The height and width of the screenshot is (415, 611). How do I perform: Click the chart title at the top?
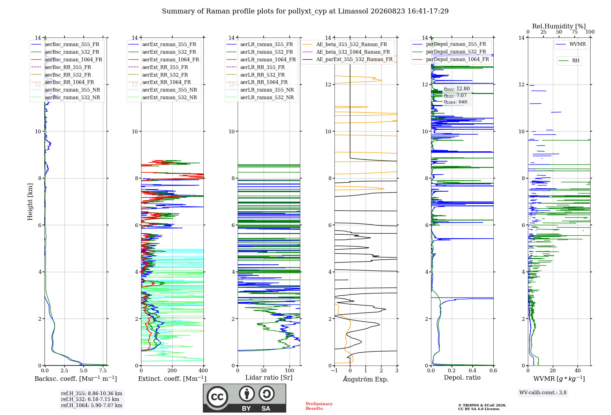coord(305,11)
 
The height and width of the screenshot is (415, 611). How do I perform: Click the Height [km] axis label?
coord(30,202)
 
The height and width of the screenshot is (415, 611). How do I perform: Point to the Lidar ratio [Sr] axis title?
coord(269,377)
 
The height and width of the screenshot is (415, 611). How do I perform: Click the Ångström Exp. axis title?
coord(366,379)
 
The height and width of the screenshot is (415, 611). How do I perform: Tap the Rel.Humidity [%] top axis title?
coord(559,26)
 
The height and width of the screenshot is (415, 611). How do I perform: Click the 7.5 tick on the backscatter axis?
coord(103,370)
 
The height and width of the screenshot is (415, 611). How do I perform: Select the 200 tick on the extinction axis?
coord(172,370)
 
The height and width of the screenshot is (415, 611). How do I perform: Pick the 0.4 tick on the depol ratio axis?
coord(473,370)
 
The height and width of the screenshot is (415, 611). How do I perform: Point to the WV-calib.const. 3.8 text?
coord(543,392)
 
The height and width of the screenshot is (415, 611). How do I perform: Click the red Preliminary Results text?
coord(319,406)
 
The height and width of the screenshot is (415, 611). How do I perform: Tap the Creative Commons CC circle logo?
coord(217,397)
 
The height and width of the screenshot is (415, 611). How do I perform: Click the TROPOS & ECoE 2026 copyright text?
coord(482,405)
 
